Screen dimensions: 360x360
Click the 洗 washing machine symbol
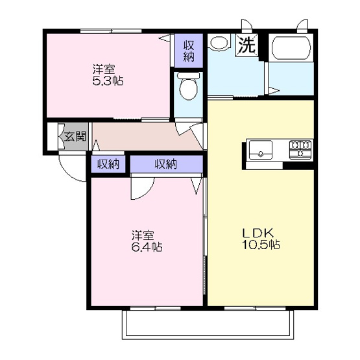click(247, 45)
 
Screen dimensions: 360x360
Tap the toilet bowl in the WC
click(189, 86)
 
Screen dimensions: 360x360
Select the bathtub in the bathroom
click(291, 48)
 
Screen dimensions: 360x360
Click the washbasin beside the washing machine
click(219, 42)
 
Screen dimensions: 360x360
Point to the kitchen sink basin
click(261, 150)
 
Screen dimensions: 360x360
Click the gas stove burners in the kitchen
click(300, 149)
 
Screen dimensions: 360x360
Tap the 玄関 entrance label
click(75, 137)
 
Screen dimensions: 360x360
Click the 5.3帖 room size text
click(108, 81)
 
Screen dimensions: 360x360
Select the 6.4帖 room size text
click(147, 247)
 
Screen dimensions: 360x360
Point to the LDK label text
click(258, 234)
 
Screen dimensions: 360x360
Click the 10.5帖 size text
click(261, 245)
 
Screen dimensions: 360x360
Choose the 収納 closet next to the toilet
click(189, 51)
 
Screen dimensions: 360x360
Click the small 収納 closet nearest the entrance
click(108, 164)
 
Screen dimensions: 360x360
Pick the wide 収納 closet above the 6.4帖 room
click(167, 164)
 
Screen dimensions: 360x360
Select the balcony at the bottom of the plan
click(208, 324)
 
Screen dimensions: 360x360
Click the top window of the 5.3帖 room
click(111, 31)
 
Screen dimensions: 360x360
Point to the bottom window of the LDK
click(255, 308)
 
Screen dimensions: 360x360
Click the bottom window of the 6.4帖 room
click(155, 308)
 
